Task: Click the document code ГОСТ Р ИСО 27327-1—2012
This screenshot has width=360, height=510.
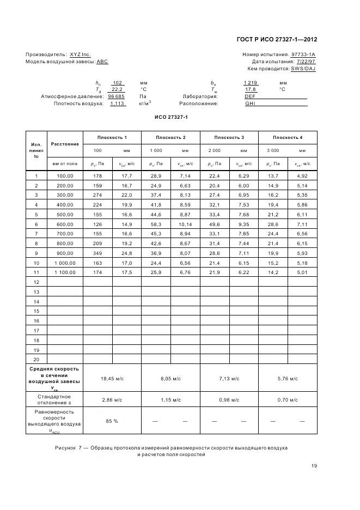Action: [277, 39]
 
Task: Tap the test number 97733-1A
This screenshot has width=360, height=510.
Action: [303, 54]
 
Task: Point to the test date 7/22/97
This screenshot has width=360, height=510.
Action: [306, 62]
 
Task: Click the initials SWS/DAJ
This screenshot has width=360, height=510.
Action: [303, 69]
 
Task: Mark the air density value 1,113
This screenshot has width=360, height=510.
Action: [117, 103]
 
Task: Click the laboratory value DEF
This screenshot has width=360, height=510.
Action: [250, 96]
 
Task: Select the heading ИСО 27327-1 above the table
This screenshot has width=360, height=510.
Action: [171, 117]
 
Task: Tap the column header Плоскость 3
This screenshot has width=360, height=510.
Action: [229, 137]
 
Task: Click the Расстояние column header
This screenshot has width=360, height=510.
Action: [65, 144]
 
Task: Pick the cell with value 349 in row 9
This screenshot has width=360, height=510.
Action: [97, 253]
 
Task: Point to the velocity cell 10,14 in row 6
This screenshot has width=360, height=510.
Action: [185, 224]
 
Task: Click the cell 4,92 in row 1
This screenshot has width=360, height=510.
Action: [302, 176]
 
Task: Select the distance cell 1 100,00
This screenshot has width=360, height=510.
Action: [65, 272]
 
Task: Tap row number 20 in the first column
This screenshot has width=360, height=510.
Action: [36, 359]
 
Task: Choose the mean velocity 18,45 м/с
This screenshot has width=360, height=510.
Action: [112, 378]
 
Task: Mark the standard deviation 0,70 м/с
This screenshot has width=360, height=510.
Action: [288, 400]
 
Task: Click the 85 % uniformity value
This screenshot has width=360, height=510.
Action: [112, 421]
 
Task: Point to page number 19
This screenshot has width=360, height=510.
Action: [314, 466]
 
